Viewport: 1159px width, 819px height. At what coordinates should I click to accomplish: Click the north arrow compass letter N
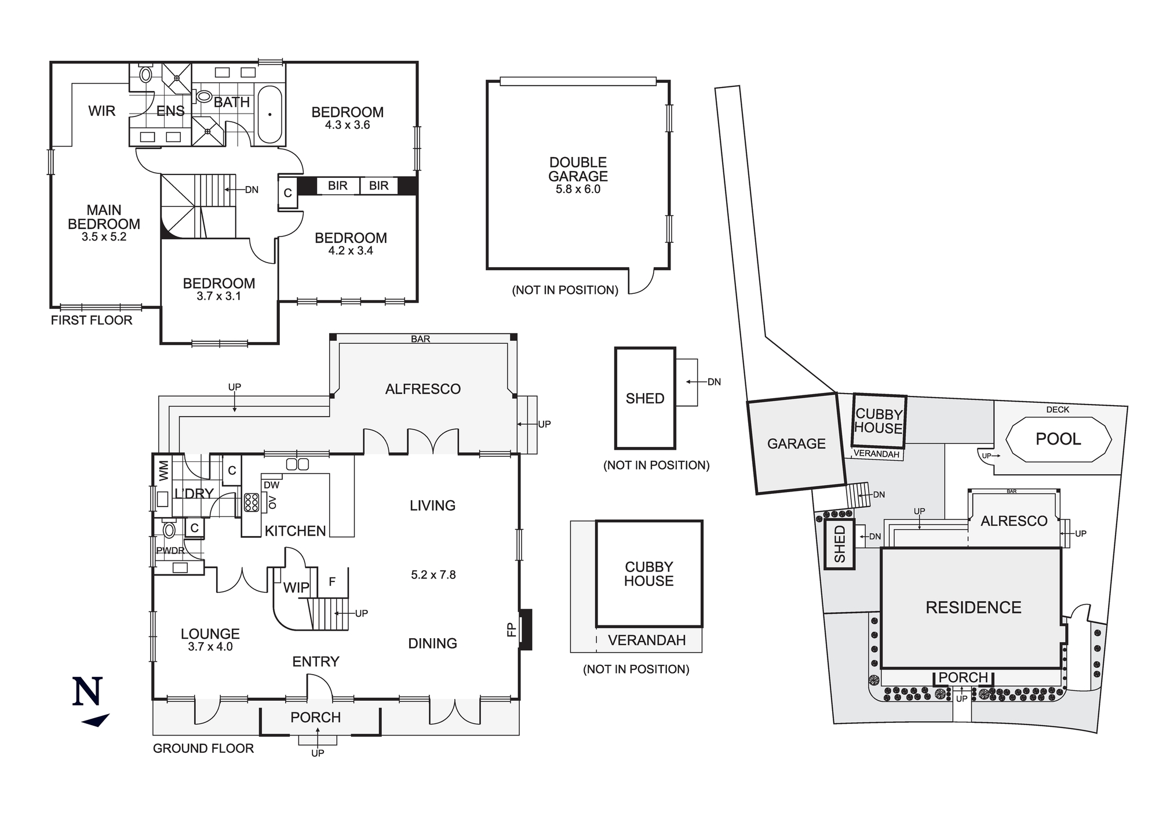click(x=88, y=691)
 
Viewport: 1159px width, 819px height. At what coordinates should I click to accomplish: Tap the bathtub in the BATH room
click(x=269, y=114)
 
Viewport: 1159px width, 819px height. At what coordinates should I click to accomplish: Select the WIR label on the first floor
click(x=102, y=111)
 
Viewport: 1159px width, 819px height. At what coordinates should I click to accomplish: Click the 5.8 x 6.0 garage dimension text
click(x=578, y=190)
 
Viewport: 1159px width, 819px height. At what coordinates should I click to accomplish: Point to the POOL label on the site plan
click(x=1058, y=439)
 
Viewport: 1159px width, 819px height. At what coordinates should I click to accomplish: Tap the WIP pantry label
click(x=296, y=587)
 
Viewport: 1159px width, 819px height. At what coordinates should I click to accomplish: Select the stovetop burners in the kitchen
click(x=252, y=502)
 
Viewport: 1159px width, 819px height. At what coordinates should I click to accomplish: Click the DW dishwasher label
click(x=271, y=485)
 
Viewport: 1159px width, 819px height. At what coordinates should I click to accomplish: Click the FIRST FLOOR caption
click(x=92, y=321)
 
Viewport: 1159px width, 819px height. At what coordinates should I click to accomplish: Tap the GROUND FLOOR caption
click(x=203, y=748)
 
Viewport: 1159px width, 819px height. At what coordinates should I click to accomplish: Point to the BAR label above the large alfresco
click(x=421, y=339)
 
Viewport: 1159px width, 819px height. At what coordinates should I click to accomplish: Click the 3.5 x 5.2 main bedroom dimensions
click(x=104, y=237)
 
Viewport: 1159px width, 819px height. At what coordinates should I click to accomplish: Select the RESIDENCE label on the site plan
click(x=974, y=607)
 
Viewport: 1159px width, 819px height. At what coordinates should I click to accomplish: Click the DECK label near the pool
click(x=1058, y=410)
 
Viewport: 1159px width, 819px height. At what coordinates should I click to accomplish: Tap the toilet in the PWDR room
click(x=169, y=530)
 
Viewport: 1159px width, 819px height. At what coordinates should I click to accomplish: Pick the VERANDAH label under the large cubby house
click(x=647, y=640)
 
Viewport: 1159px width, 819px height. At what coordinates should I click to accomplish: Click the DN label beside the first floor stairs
click(x=252, y=190)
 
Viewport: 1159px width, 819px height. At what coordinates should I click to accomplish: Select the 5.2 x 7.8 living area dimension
click(x=433, y=575)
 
